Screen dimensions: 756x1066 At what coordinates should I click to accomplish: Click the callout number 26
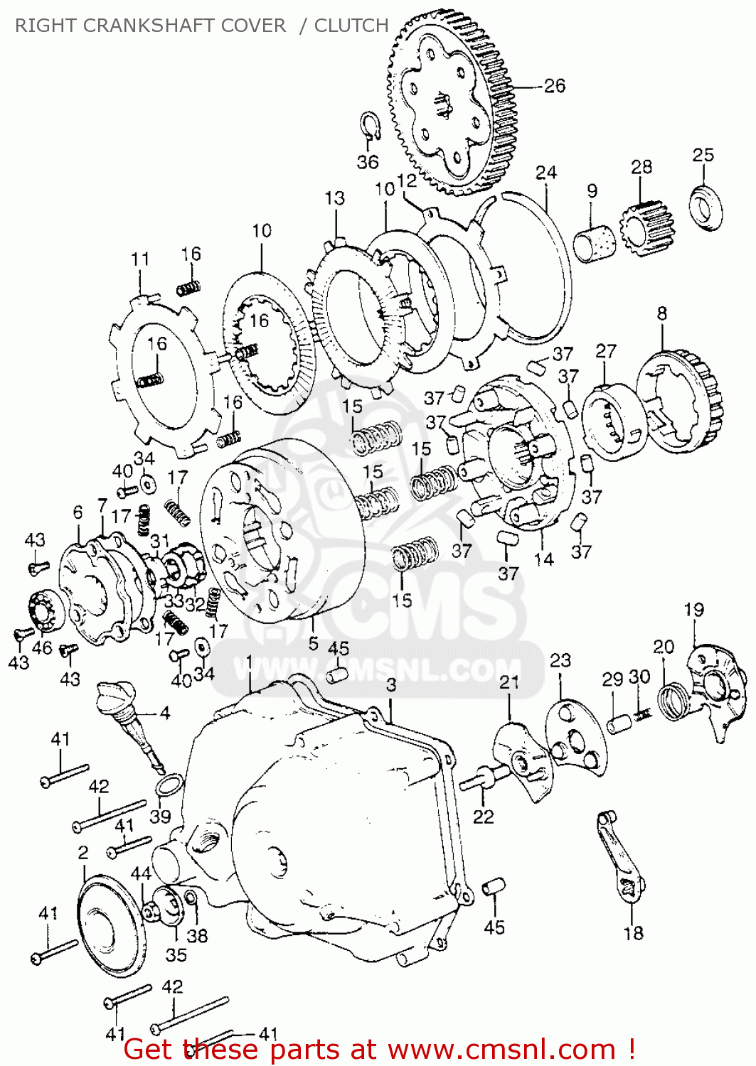tap(555, 86)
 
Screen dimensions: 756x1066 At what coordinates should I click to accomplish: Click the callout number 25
tap(703, 155)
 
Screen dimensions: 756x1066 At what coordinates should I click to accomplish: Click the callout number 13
tap(334, 198)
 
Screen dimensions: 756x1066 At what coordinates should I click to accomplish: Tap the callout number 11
tap(140, 259)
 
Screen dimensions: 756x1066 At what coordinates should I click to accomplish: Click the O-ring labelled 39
tap(170, 784)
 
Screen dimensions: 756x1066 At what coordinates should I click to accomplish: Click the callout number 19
tap(693, 610)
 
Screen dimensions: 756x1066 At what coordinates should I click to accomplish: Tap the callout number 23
tap(560, 661)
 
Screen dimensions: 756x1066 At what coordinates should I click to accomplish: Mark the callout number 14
tap(543, 560)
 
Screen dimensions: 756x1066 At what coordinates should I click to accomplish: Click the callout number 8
tap(662, 313)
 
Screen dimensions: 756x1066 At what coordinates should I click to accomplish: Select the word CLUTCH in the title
tap(351, 25)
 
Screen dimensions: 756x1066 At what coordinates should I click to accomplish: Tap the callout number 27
tap(606, 351)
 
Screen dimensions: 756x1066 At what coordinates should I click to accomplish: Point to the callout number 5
tap(313, 643)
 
